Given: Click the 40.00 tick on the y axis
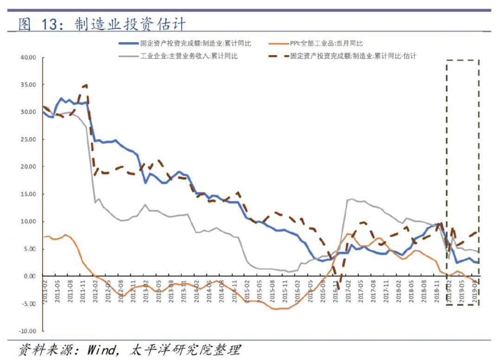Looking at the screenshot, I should (28, 58).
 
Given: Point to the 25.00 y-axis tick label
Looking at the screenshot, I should (28, 140).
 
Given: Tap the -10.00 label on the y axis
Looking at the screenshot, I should (27, 331).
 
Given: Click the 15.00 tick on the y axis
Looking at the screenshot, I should (28, 194).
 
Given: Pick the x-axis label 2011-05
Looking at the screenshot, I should (58, 291).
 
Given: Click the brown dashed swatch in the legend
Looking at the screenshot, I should (278, 56).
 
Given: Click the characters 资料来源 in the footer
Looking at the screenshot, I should (46, 349).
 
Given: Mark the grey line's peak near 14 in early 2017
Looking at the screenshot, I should (351, 199).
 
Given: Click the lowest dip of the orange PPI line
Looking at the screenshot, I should (275, 309).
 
